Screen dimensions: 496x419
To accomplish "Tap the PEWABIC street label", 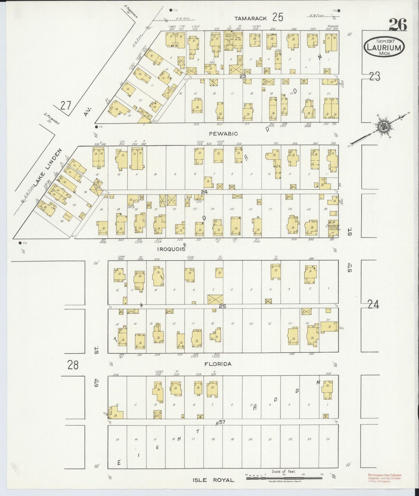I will tap(223, 134).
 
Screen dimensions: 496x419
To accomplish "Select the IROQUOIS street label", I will tap(170, 249).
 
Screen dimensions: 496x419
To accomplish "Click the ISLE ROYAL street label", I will tap(213, 480).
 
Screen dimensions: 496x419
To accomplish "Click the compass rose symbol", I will tap(385, 125).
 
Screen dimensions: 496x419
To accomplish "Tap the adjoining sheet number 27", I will tap(66, 106).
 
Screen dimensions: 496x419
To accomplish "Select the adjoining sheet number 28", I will tap(72, 365).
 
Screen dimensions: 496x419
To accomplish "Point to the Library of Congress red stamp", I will tap(384, 478).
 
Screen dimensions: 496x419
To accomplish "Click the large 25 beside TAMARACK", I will tap(277, 17).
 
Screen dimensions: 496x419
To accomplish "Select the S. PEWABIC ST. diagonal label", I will tap(52, 119).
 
